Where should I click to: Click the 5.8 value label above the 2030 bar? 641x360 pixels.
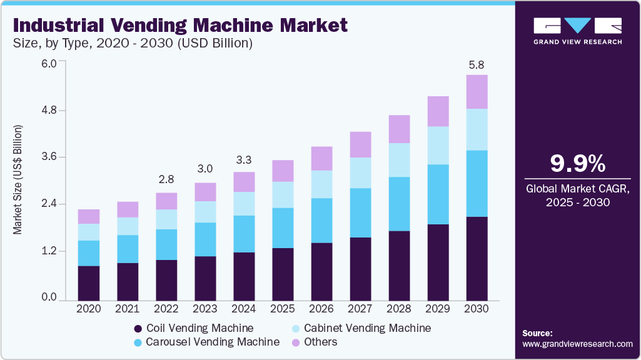click(x=477, y=64)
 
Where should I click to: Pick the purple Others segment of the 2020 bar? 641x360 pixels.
click(x=89, y=216)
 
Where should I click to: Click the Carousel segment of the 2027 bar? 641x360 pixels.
click(x=361, y=212)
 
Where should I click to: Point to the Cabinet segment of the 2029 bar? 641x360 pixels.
click(x=438, y=145)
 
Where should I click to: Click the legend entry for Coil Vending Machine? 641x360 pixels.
click(x=193, y=328)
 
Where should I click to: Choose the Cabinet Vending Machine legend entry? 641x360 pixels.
click(x=361, y=328)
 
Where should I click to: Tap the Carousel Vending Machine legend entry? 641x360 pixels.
click(x=206, y=342)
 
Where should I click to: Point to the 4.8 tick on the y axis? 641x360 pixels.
click(x=49, y=110)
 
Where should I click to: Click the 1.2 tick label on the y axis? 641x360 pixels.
click(x=49, y=251)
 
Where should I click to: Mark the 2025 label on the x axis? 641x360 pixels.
click(x=283, y=309)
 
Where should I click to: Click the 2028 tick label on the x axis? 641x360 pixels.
click(x=400, y=309)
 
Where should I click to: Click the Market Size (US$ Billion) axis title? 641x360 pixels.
click(x=18, y=180)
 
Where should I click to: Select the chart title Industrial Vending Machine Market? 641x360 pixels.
click(x=180, y=26)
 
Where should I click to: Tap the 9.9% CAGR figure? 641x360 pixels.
click(x=577, y=164)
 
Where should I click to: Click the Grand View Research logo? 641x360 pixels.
click(x=577, y=31)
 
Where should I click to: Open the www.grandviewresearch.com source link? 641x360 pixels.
click(x=577, y=344)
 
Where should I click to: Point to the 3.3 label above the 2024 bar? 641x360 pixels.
click(x=244, y=159)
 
